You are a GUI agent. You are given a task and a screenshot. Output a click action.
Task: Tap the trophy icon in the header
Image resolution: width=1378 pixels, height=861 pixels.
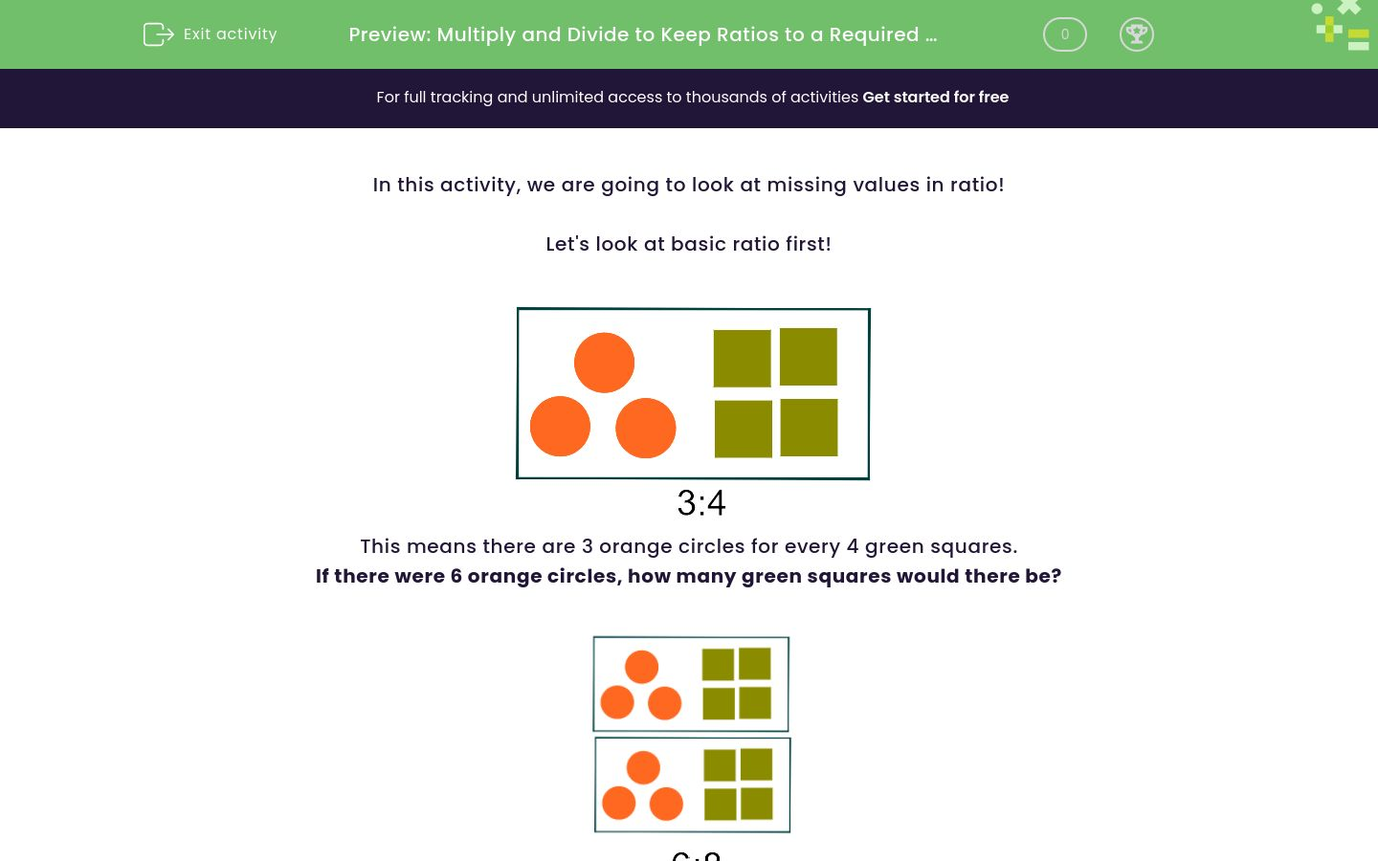click(1136, 34)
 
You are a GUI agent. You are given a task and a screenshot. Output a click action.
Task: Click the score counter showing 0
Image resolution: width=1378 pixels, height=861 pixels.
click(1064, 34)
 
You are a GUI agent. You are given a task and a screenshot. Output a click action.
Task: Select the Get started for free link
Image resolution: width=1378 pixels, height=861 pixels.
click(935, 98)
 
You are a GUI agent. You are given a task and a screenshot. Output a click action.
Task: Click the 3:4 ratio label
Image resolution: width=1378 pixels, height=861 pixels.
click(701, 503)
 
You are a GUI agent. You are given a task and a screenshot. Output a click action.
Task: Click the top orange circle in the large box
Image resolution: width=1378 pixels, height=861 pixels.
click(604, 363)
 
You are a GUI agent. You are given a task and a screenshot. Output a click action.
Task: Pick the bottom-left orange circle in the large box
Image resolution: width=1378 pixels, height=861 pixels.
click(560, 427)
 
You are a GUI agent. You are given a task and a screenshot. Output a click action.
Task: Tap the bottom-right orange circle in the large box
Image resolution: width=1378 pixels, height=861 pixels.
click(645, 428)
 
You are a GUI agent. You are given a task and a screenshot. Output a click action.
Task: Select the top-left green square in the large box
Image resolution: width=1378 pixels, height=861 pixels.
click(742, 359)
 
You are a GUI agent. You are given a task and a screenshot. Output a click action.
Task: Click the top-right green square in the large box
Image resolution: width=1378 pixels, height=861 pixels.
click(809, 357)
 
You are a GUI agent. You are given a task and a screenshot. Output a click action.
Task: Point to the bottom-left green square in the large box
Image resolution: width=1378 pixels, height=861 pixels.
click(743, 429)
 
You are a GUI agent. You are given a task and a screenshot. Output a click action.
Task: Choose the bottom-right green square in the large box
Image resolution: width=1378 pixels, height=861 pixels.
click(810, 428)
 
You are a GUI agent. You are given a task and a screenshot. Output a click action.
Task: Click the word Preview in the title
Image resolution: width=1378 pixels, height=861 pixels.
click(389, 35)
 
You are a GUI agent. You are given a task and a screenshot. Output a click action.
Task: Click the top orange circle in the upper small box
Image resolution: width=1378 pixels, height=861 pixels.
click(641, 667)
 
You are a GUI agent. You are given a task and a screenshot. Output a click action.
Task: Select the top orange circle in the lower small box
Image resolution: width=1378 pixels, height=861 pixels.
click(643, 767)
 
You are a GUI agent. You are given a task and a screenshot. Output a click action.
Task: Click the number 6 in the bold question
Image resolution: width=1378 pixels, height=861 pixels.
click(456, 576)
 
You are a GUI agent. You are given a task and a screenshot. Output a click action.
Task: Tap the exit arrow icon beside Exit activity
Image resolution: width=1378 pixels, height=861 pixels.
click(158, 34)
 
